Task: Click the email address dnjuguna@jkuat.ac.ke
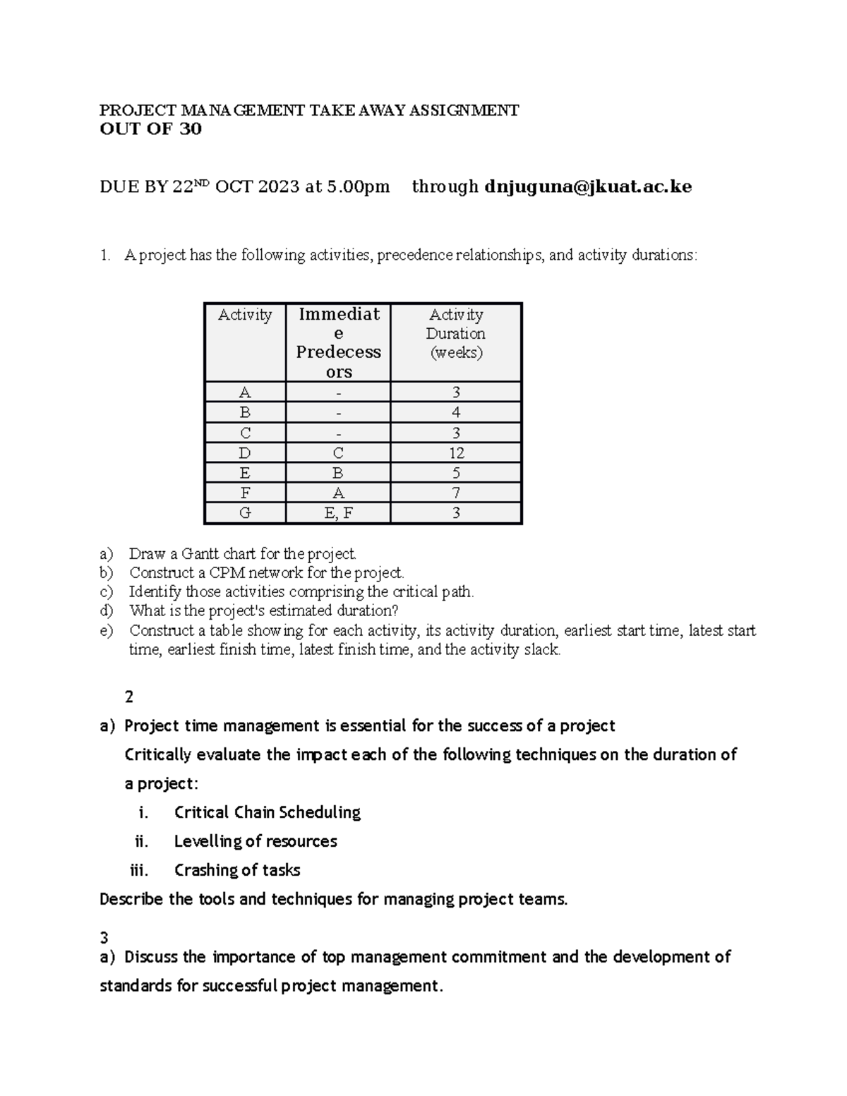(x=588, y=187)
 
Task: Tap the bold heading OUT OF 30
(x=150, y=129)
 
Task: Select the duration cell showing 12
(x=456, y=453)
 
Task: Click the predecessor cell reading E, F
(x=338, y=514)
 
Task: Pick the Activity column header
(x=245, y=315)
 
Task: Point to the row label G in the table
(x=245, y=514)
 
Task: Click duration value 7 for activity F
(x=456, y=493)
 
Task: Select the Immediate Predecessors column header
(x=338, y=342)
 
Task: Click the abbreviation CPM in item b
(x=225, y=573)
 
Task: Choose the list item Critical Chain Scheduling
(x=267, y=812)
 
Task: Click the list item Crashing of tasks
(x=236, y=870)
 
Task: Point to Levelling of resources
(x=255, y=841)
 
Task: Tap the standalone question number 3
(x=104, y=938)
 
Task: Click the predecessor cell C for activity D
(x=338, y=453)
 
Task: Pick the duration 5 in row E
(x=456, y=474)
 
